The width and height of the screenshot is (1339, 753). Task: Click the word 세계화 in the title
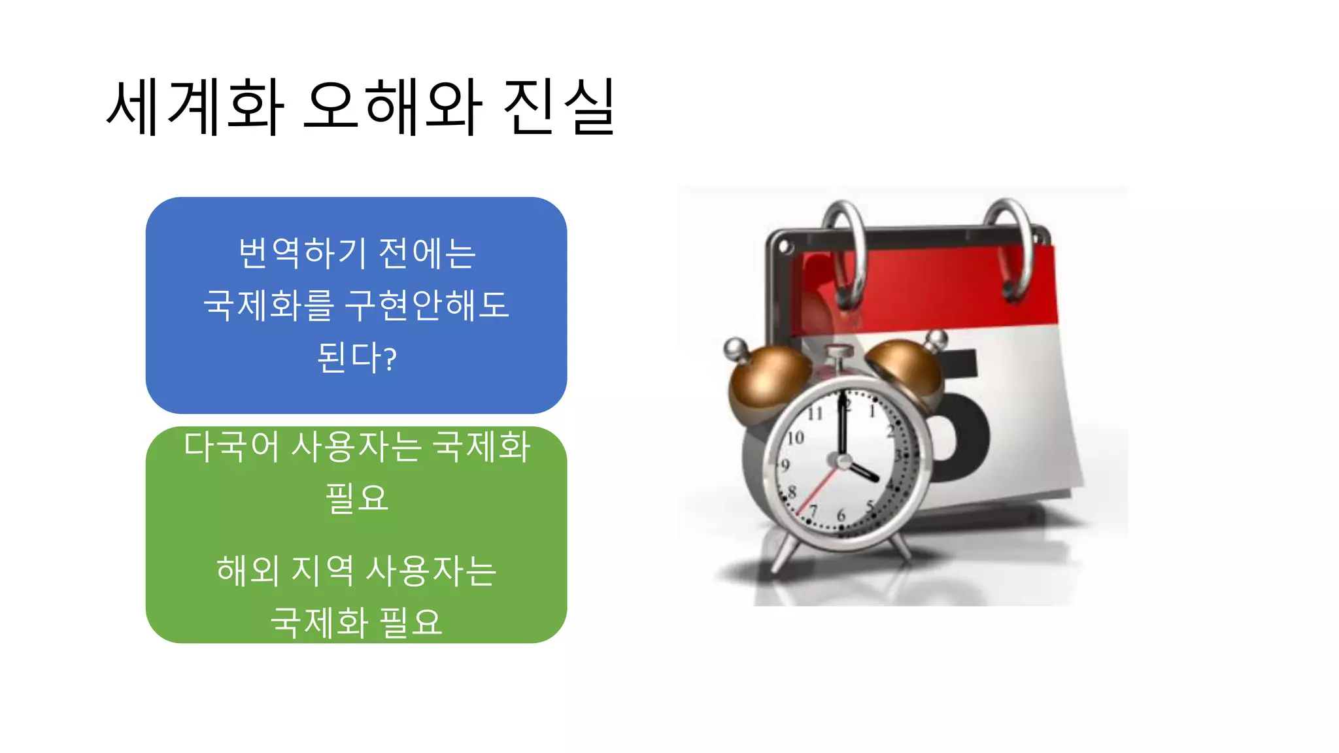pyautogui.click(x=195, y=107)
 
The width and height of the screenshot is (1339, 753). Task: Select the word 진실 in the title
pyautogui.click(x=560, y=107)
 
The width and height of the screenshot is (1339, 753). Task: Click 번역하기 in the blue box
pyautogui.click(x=303, y=253)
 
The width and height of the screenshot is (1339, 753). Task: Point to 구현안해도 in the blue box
pyautogui.click(x=427, y=305)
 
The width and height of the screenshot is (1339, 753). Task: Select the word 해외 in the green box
pyautogui.click(x=248, y=570)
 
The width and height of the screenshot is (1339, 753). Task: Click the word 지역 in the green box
pyautogui.click(x=322, y=570)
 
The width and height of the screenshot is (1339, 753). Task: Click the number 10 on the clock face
pyautogui.click(x=795, y=437)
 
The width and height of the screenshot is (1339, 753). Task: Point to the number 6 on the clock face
pyautogui.click(x=841, y=515)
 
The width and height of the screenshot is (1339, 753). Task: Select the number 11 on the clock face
pyautogui.click(x=815, y=413)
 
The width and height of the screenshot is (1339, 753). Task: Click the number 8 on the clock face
pyautogui.click(x=792, y=492)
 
